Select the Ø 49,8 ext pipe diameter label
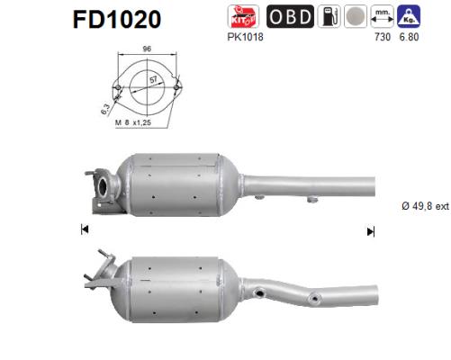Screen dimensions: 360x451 click(x=423, y=207)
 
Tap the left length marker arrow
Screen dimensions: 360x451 click(x=85, y=230)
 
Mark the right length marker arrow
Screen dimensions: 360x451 click(x=370, y=230)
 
